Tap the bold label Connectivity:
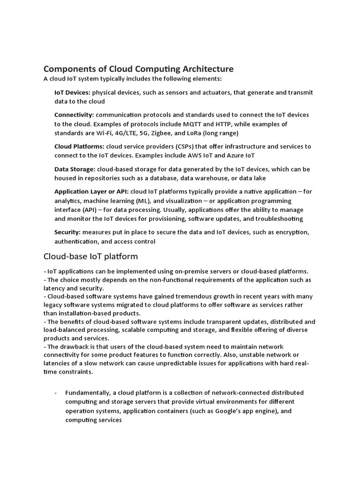pyautogui.click(x=74, y=115)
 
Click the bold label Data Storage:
pyautogui.click(x=75, y=169)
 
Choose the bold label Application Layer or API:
pyautogui.click(x=91, y=191)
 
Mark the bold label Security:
pyautogui.click(x=67, y=232)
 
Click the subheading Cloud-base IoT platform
pyautogui.click(x=90, y=256)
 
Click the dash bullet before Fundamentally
pyautogui.click(x=56, y=392)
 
